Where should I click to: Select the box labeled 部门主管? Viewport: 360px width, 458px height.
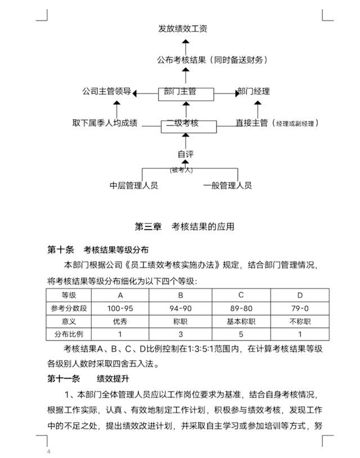click(186, 94)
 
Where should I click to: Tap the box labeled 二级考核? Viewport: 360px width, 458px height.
click(186, 125)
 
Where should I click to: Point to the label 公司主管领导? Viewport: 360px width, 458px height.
click(106, 91)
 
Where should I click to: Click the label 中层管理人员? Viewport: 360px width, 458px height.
click(134, 185)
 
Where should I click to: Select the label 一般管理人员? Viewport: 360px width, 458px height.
click(227, 185)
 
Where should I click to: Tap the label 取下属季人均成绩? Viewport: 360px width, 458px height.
click(105, 123)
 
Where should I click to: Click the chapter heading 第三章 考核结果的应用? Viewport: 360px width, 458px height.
click(184, 227)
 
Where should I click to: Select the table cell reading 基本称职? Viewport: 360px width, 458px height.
click(241, 321)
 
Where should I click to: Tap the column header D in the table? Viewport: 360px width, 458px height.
click(300, 295)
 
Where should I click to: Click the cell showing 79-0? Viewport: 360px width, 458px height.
click(300, 308)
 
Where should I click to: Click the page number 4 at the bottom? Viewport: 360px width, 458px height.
click(49, 452)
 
